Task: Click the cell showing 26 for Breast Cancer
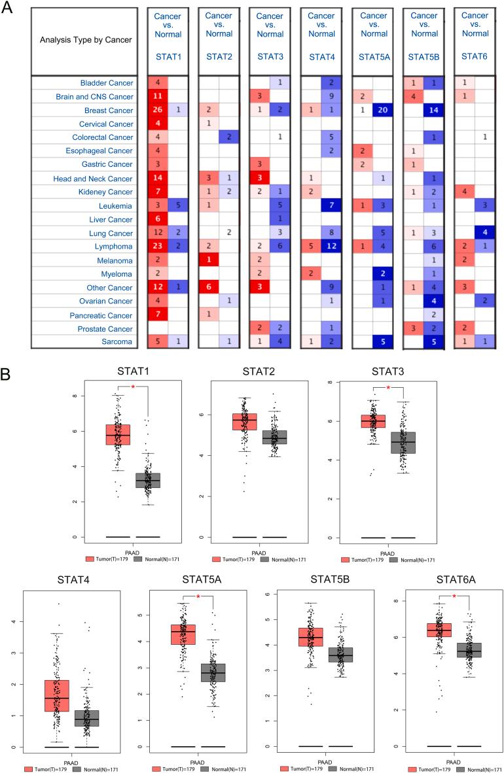157,111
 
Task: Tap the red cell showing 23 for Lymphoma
157,247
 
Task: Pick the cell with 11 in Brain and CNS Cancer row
157,97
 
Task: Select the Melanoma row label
117,260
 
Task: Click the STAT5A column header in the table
374,57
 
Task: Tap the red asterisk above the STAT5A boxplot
198,598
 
